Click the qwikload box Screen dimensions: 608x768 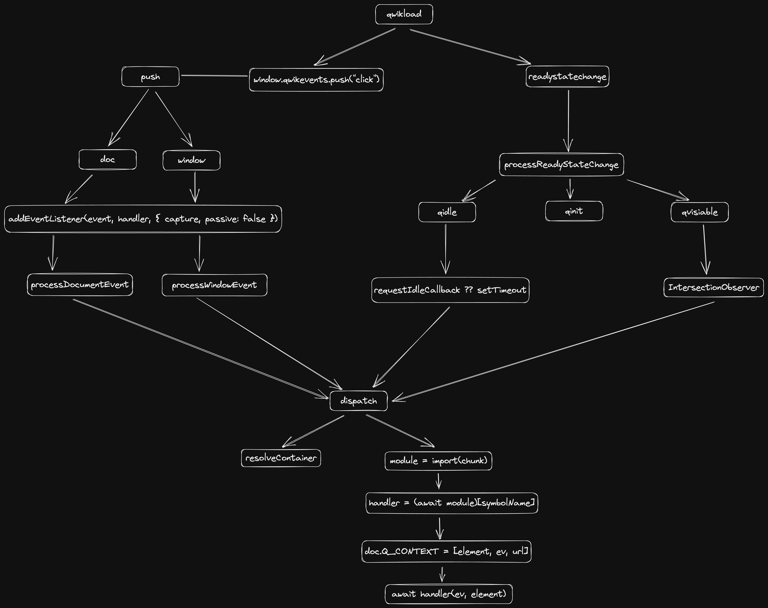tap(404, 14)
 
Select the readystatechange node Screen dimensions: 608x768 tap(567, 77)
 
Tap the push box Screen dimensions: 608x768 tap(150, 77)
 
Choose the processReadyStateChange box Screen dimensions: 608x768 tap(561, 164)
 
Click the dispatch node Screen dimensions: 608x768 tap(358, 401)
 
